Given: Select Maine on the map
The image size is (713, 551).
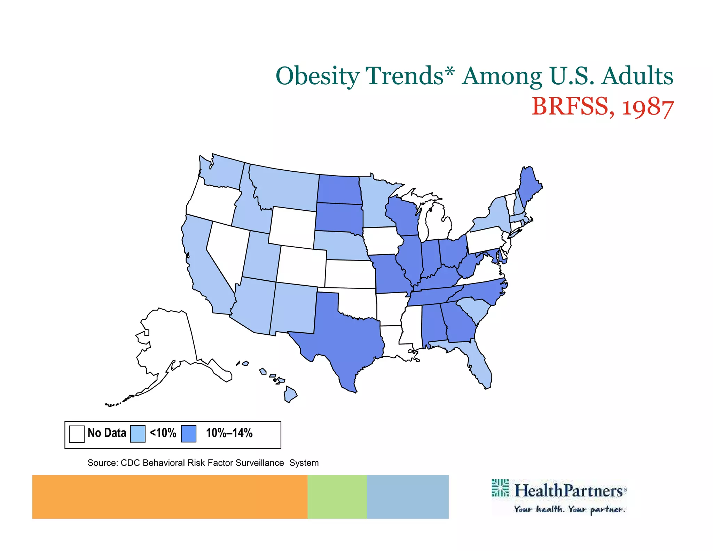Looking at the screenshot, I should tap(529, 183).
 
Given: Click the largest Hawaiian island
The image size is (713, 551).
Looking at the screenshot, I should tap(290, 394).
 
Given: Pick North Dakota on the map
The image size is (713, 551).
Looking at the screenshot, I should tap(338, 190).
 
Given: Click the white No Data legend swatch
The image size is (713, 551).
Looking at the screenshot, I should tap(77, 434).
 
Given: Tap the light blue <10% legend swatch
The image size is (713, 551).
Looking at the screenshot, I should tap(138, 434).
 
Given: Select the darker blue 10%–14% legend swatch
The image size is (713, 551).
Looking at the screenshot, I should tap(189, 434).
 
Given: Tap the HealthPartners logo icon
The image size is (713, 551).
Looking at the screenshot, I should tap(500, 488).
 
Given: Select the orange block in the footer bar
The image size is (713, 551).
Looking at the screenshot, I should tap(170, 497).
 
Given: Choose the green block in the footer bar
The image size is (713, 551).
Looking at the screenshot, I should tap(337, 497).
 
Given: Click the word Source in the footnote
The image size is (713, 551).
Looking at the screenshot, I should tap(102, 463).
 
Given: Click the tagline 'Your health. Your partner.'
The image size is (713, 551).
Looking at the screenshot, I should tap(570, 510).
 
